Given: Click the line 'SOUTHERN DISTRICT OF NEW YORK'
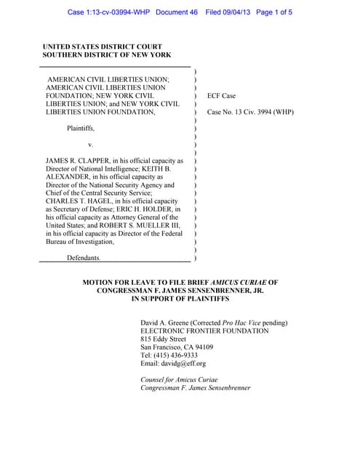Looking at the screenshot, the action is tap(107, 55).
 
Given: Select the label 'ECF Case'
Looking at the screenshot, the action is tap(223, 95).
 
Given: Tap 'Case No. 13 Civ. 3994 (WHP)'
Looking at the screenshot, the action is tap(250, 112).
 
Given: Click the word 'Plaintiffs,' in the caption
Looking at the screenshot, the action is tap(81, 128).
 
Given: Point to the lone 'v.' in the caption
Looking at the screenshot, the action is tap(90, 144).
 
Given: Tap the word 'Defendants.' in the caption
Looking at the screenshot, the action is tap(84, 258).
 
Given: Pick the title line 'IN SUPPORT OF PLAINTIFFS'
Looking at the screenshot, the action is tap(180, 299).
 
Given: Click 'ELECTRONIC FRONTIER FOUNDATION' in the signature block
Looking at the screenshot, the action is tap(204, 331).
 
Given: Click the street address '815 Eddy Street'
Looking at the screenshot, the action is tap(163, 339).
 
